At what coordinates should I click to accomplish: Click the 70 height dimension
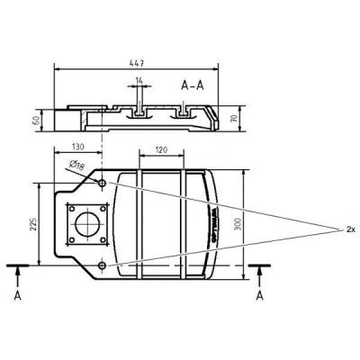pyautogui.click(x=235, y=116)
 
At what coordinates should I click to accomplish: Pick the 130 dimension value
pyautogui.click(x=79, y=147)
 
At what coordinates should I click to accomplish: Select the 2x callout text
pyautogui.click(x=350, y=229)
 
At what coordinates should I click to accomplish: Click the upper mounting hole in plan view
pyautogui.click(x=103, y=183)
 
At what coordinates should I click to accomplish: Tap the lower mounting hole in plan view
pyautogui.click(x=103, y=265)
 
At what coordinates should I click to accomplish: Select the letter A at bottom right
pyautogui.click(x=260, y=295)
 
